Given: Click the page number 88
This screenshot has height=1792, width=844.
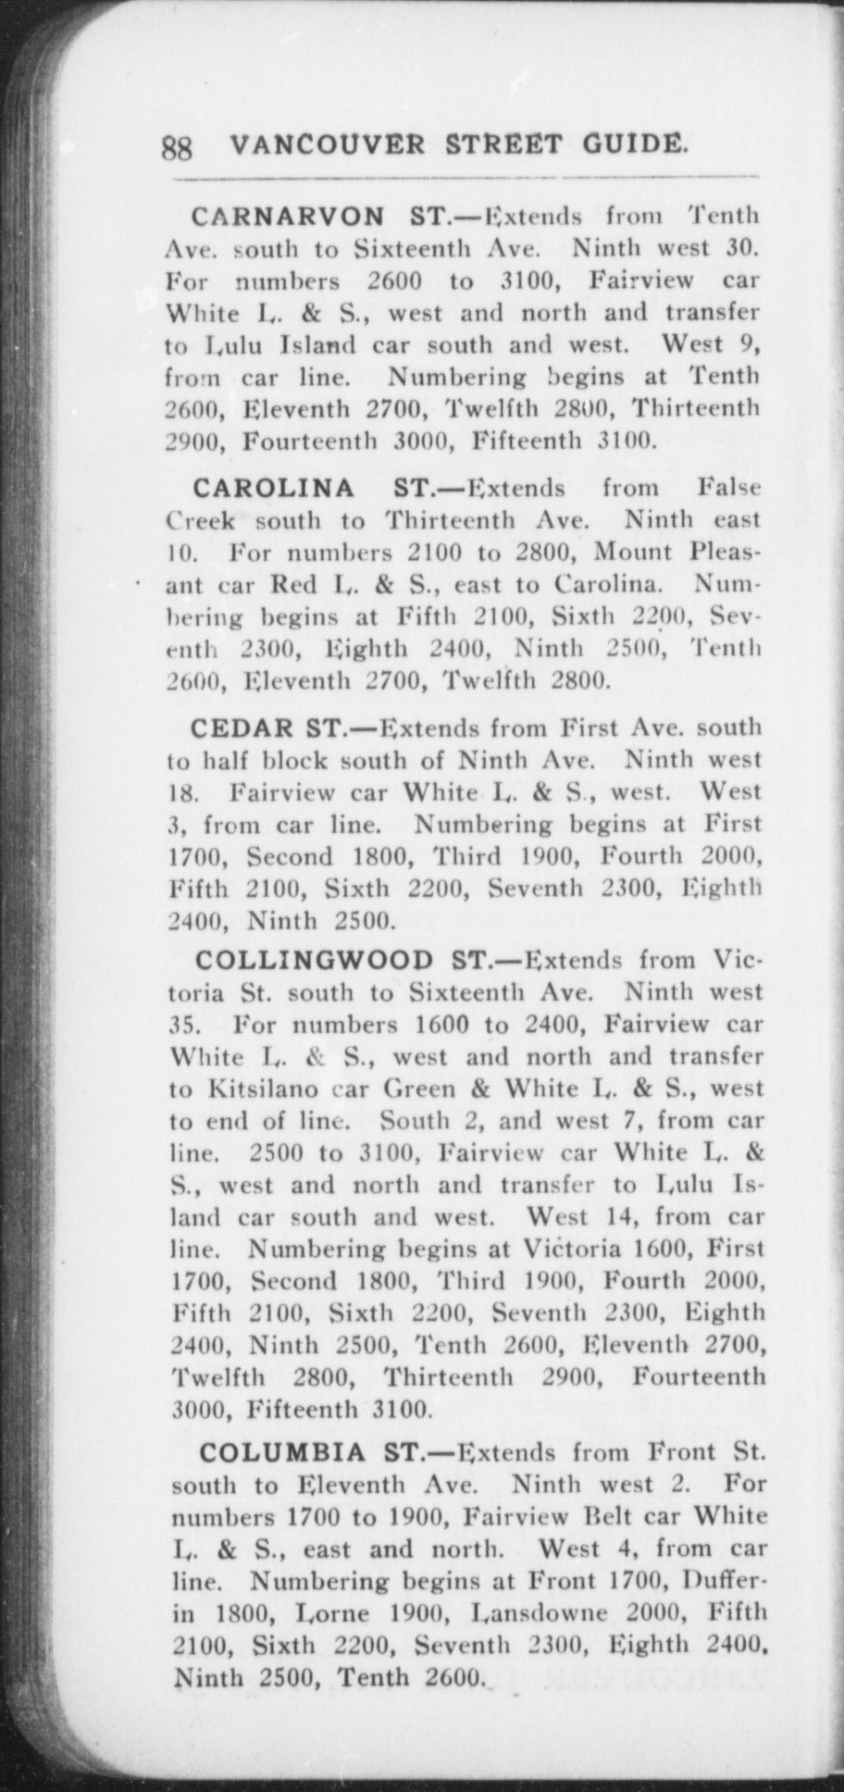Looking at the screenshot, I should click(177, 148).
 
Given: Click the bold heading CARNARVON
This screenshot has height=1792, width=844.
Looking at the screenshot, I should click(288, 217).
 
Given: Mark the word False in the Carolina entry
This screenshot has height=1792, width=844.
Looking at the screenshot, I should click(729, 487).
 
